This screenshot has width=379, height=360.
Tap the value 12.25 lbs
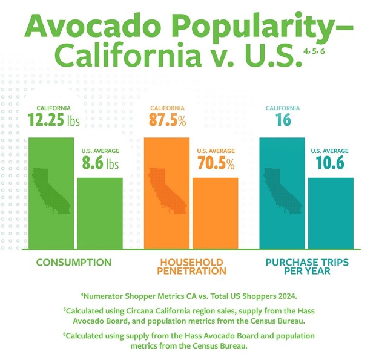[x=54, y=120]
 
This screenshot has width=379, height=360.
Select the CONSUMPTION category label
[x=74, y=263]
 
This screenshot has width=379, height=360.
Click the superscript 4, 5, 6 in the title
[x=315, y=53]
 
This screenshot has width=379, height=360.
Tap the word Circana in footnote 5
[x=153, y=310]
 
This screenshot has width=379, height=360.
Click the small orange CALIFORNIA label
[x=166, y=108]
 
